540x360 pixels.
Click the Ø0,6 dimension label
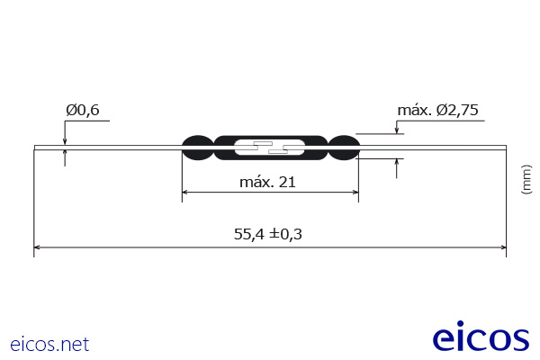82,111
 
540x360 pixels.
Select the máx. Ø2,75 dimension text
437,111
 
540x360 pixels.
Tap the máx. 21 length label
267,182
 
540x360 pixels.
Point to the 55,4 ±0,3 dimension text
267,234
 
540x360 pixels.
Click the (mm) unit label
526,178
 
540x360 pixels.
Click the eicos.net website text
49,344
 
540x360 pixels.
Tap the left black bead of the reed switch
197,148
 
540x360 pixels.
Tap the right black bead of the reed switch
343,148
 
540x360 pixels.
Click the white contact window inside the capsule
270,148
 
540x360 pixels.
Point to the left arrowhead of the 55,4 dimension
38,247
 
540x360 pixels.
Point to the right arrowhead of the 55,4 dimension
502,247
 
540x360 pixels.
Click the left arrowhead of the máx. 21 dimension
186,192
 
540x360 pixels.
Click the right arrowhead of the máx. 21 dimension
355,192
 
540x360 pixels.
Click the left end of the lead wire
36,148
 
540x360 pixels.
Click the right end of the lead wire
504,148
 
